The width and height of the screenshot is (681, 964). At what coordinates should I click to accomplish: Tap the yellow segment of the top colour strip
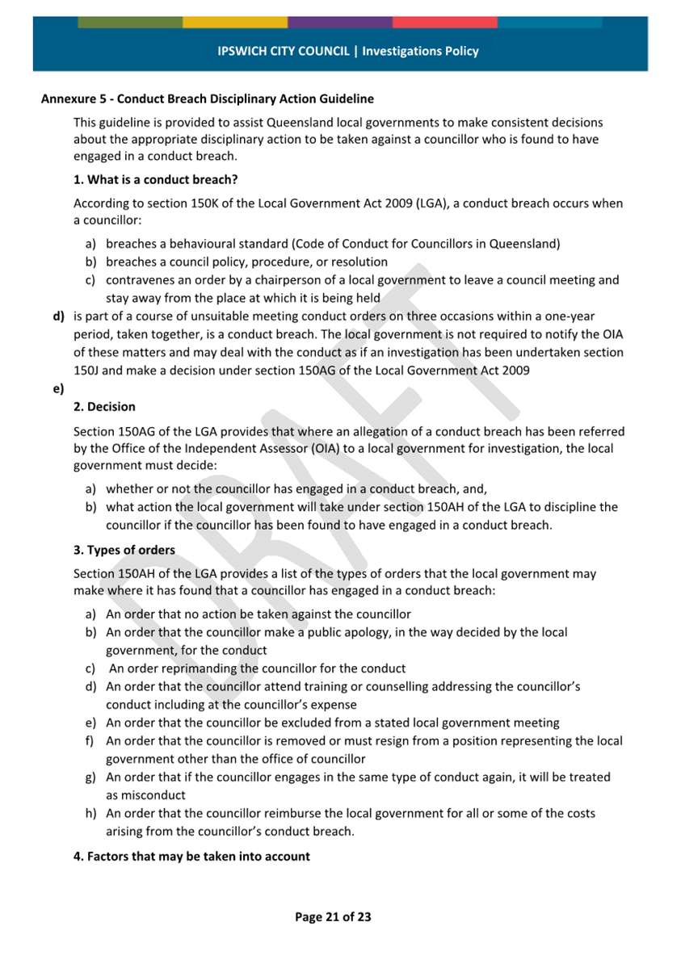pos(234,23)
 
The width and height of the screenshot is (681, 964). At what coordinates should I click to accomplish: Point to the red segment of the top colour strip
pos(444,23)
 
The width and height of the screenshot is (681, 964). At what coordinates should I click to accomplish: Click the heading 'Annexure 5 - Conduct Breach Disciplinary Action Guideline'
pos(208,99)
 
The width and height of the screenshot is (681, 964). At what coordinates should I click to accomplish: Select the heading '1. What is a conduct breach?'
pos(155,179)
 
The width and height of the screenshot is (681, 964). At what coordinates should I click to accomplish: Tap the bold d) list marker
pos(58,316)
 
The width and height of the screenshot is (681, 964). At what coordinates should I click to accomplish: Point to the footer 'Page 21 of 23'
pos(333,917)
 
